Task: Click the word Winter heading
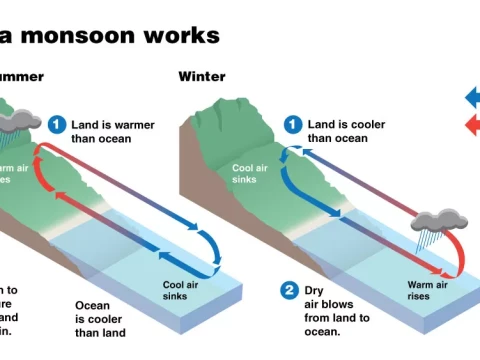coord(201,76)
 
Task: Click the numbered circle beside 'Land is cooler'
coord(292,124)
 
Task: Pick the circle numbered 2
coord(289,291)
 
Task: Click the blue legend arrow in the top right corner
coord(472,97)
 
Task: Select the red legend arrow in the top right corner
coord(472,125)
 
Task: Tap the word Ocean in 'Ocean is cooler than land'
coord(94,305)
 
